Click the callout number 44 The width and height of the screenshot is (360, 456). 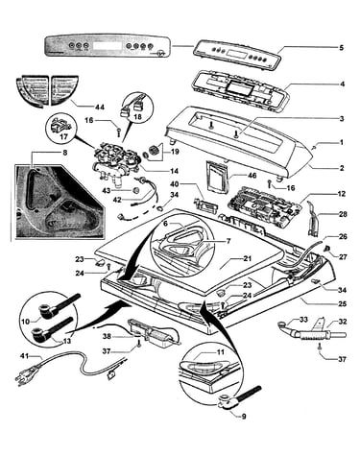[99, 108]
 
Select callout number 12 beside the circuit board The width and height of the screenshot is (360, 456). [342, 194]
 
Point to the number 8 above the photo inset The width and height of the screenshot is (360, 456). [65, 153]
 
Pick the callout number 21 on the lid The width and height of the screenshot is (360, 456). [247, 258]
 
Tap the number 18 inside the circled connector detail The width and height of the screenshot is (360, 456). [137, 117]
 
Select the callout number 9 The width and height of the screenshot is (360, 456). [244, 417]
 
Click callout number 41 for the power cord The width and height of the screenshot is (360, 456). [25, 355]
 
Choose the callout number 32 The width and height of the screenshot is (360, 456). [342, 322]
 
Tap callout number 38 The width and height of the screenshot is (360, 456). [107, 336]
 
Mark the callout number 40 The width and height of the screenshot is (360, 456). [174, 184]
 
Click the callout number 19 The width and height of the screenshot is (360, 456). [175, 152]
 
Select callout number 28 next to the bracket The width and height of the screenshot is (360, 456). [343, 214]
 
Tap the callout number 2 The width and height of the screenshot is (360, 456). [342, 168]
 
